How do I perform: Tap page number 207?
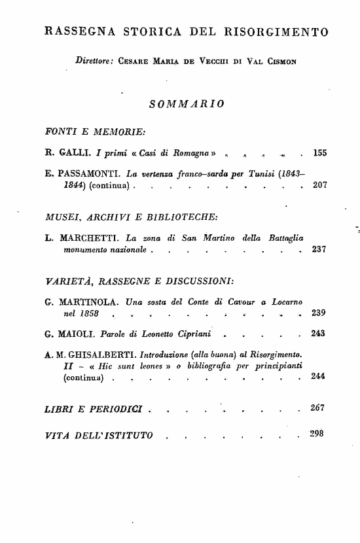click(x=319, y=185)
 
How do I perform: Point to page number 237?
click(x=319, y=249)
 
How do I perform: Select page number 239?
click(x=319, y=313)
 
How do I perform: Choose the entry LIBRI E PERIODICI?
click(x=94, y=410)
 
